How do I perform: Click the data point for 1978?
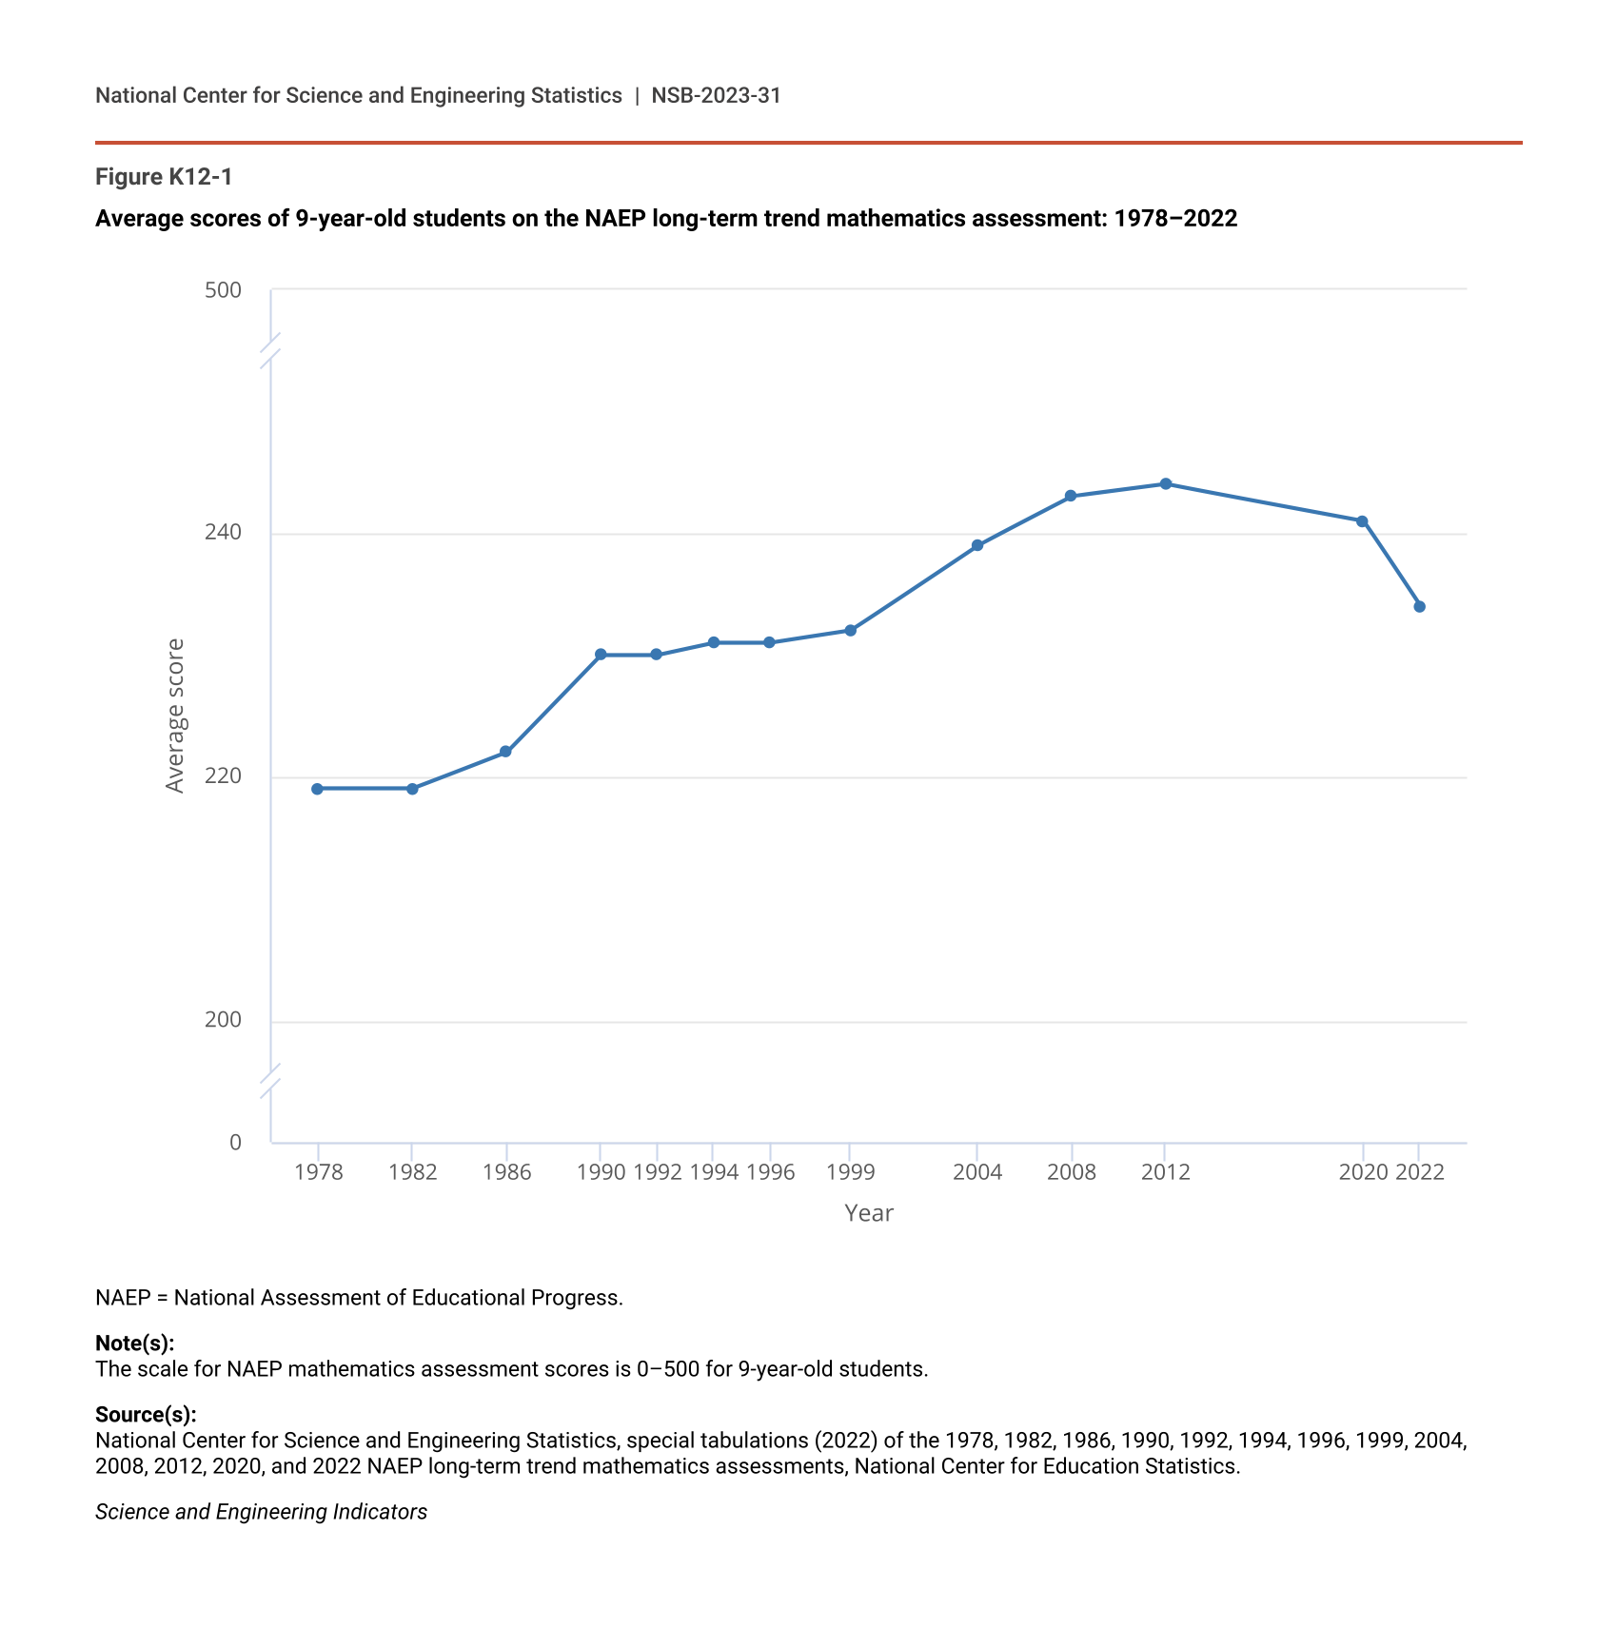coord(317,789)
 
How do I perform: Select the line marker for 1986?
coord(505,752)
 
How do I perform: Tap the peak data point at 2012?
coord(1165,483)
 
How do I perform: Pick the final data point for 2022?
coord(1419,606)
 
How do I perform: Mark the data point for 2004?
coord(976,545)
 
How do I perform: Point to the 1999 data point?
coord(850,630)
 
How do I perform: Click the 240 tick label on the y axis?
coord(224,533)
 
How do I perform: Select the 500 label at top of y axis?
coord(224,290)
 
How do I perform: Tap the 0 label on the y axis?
coord(235,1142)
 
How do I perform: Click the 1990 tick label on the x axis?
coord(601,1172)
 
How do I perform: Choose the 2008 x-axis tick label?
coord(1071,1172)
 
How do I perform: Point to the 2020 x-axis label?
coord(1362,1172)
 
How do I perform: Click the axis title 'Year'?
coord(868,1213)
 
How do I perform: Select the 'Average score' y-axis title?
coord(175,716)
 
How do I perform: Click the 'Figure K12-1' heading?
coord(164,177)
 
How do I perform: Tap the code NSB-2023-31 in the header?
coord(716,95)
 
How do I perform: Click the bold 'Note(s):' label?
coord(134,1343)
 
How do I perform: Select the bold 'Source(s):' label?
coord(146,1414)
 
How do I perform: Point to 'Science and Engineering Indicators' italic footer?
coord(261,1512)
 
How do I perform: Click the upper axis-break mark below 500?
coord(270,349)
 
